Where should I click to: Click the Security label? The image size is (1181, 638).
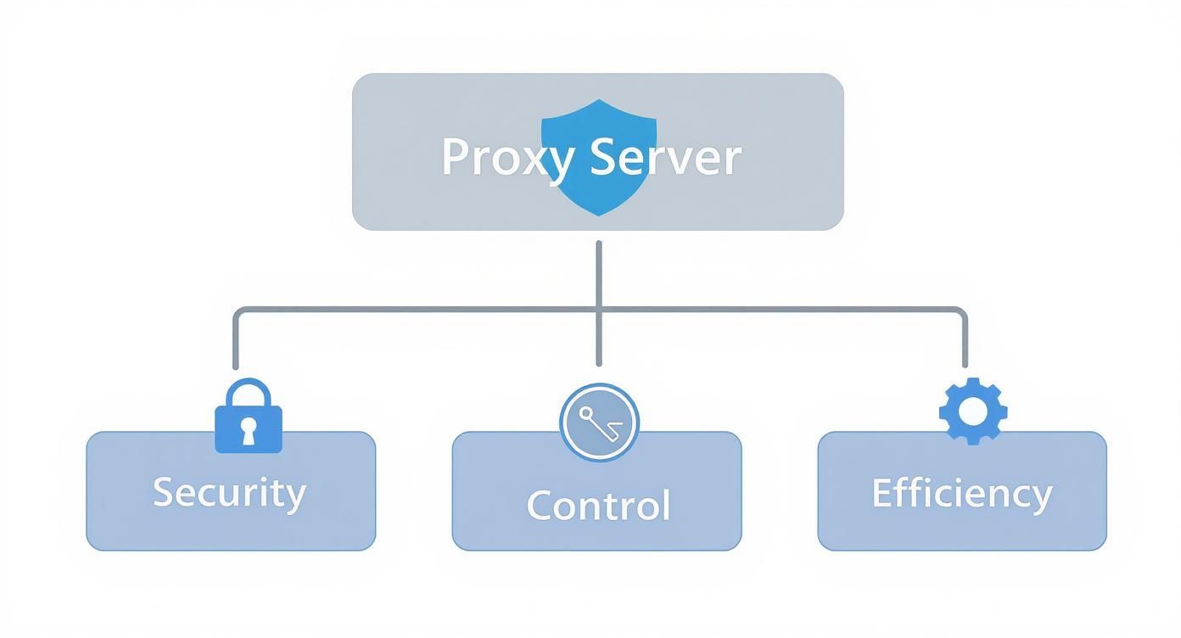[229, 492]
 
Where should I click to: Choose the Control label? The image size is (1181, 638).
[598, 505]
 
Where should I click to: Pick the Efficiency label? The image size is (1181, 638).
[961, 493]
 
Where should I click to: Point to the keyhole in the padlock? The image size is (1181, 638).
[248, 430]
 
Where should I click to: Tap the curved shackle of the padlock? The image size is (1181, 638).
[248, 392]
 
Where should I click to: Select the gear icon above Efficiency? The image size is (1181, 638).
[973, 411]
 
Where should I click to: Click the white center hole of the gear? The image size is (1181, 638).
[973, 411]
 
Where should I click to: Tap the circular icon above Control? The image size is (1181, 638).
[599, 423]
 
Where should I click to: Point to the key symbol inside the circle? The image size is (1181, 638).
[597, 422]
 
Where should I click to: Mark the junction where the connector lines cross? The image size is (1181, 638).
[599, 310]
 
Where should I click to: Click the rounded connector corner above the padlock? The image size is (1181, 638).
[238, 313]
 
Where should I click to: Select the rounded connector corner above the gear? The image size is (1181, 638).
[960, 313]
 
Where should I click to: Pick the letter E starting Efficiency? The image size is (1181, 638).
[882, 492]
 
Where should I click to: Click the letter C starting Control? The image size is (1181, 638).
[540, 505]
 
